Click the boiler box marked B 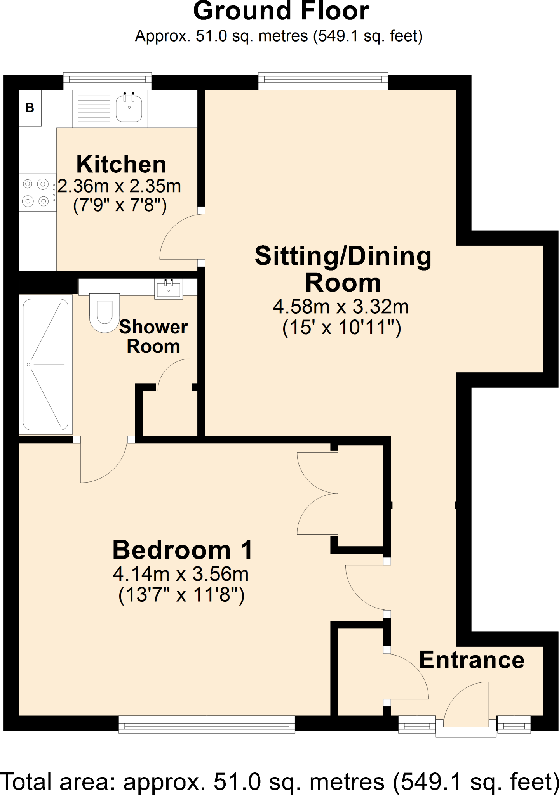pyautogui.click(x=30, y=108)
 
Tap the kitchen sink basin pyautogui.click(x=129, y=108)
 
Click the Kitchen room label pyautogui.click(x=121, y=165)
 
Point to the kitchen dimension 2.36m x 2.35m pyautogui.click(x=119, y=186)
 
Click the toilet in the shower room pyautogui.click(x=104, y=313)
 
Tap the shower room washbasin pyautogui.click(x=169, y=289)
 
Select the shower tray pyautogui.click(x=46, y=365)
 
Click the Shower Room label pyautogui.click(x=153, y=337)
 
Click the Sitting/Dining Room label pyautogui.click(x=343, y=269)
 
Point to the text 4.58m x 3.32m pyautogui.click(x=341, y=307)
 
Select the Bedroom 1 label pyautogui.click(x=182, y=550)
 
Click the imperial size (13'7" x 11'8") pyautogui.click(x=181, y=595)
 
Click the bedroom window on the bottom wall pyautogui.click(x=207, y=724)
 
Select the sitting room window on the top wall pyautogui.click(x=323, y=80)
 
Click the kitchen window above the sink pyautogui.click(x=107, y=80)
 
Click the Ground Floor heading pyautogui.click(x=281, y=12)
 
